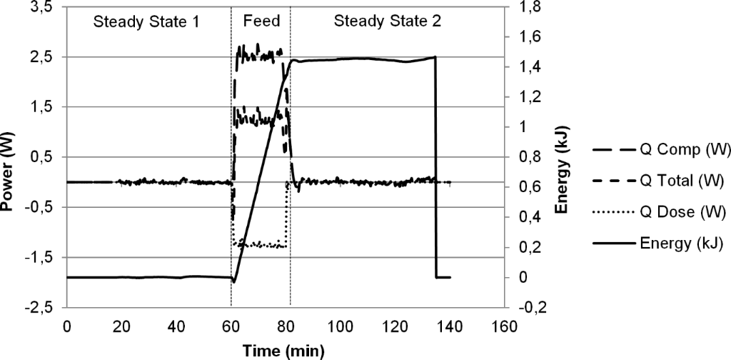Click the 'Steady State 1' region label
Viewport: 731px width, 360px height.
coord(146,21)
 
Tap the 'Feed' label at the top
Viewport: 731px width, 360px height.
coord(260,21)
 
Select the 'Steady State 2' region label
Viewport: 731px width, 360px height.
coord(388,21)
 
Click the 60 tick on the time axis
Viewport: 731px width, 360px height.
coord(231,327)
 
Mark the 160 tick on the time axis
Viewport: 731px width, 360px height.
coord(504,327)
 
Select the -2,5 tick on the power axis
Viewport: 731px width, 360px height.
coord(41,308)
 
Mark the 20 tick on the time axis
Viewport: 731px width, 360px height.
coord(121,327)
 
